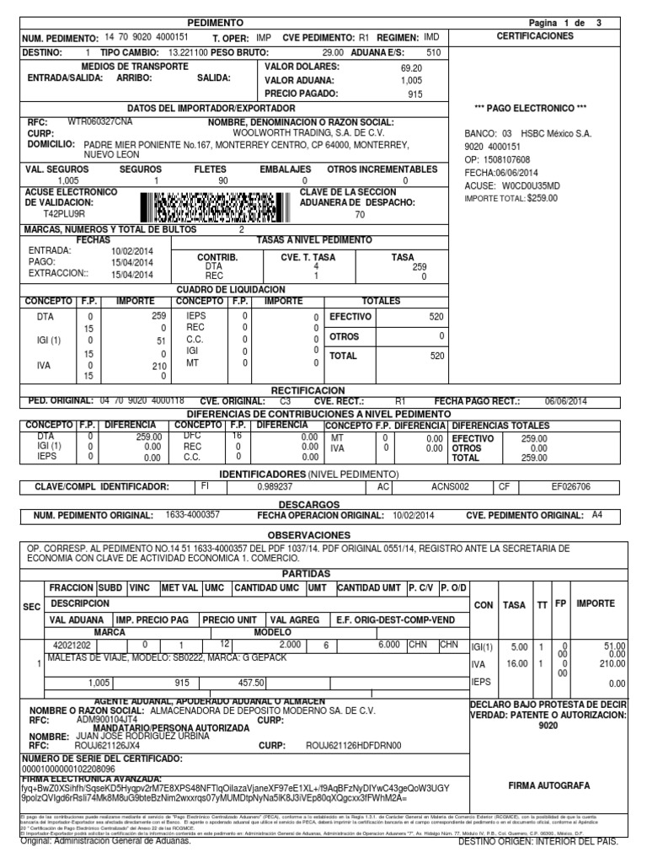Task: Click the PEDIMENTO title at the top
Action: [x=215, y=23]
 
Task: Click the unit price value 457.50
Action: [x=251, y=683]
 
